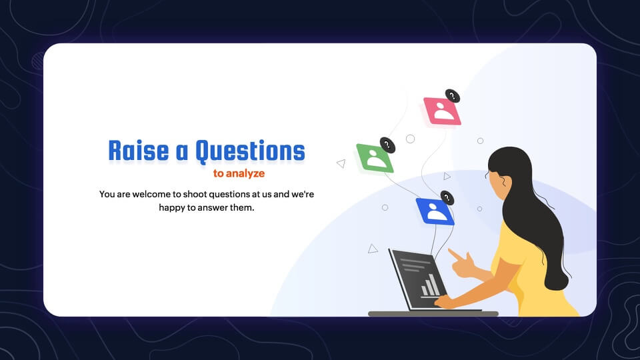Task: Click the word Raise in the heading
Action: (x=139, y=151)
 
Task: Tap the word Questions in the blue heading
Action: (x=250, y=151)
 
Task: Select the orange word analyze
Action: (x=245, y=173)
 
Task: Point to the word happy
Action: (x=171, y=208)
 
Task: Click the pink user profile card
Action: (x=442, y=111)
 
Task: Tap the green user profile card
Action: (x=375, y=158)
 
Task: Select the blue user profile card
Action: (x=435, y=211)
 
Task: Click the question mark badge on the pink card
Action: (x=452, y=96)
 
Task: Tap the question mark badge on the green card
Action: (x=387, y=145)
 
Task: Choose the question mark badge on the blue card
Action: (x=447, y=198)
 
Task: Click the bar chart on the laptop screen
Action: (x=430, y=285)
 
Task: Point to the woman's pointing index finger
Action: (x=454, y=254)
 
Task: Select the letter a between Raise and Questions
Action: (x=181, y=152)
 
